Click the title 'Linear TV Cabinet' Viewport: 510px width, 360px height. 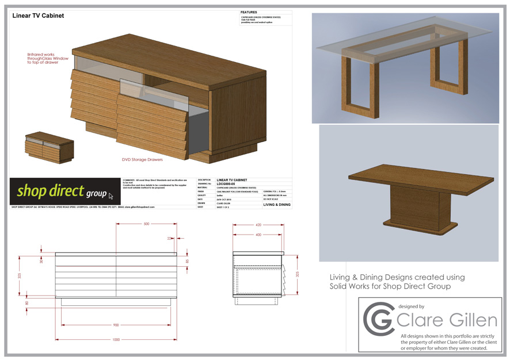click(39, 16)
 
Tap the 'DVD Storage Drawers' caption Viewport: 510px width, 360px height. click(142, 159)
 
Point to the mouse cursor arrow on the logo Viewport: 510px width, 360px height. click(111, 196)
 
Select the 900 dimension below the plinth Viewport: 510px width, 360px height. click(116, 325)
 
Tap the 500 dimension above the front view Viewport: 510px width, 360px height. click(146, 223)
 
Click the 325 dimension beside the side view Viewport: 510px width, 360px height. click(298, 274)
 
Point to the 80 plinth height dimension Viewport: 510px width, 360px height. click(26, 302)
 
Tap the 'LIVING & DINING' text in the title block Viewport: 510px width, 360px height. click(277, 204)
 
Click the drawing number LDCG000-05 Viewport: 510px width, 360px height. click(228, 184)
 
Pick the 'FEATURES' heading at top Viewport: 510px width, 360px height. click(249, 12)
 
